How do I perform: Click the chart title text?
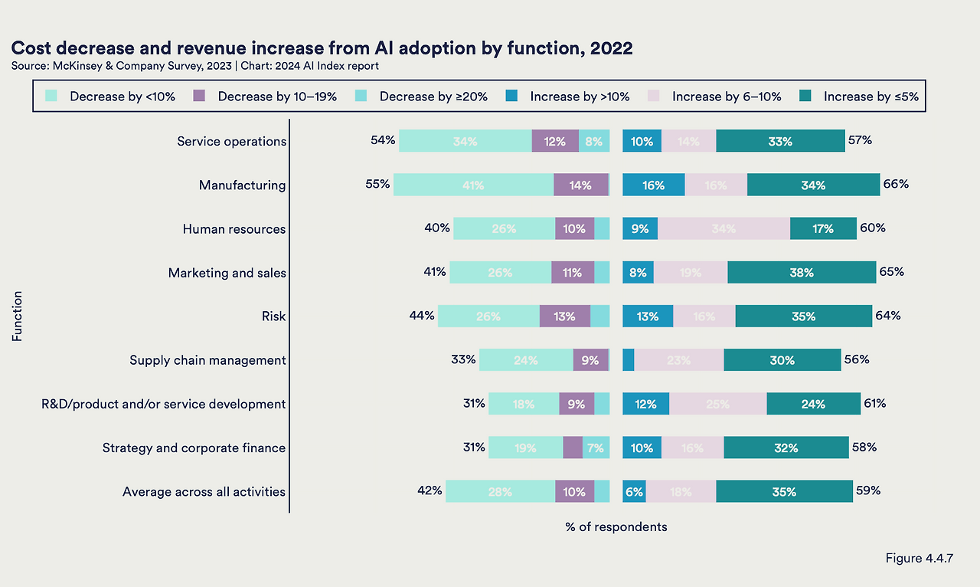322,48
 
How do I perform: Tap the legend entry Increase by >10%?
580,97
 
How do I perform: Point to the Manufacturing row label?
242,185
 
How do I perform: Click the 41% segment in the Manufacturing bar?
473,185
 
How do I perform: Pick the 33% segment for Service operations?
780,141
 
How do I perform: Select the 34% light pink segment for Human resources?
724,228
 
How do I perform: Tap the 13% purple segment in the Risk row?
565,316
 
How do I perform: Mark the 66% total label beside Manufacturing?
896,184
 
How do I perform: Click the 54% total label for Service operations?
383,140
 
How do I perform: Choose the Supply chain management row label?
207,360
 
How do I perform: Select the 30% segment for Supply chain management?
782,360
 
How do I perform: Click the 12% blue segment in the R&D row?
645,404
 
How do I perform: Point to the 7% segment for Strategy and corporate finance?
596,448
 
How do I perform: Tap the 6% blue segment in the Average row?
634,491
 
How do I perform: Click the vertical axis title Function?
17,315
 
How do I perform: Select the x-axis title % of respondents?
616,526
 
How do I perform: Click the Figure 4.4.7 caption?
919,558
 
